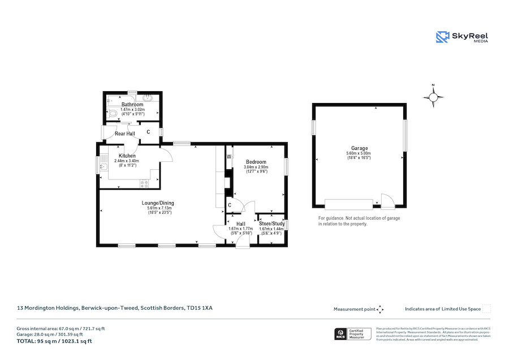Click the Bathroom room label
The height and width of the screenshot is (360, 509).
click(132, 105)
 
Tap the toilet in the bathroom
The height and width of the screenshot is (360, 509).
click(113, 113)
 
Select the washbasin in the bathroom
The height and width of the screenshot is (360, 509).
click(148, 97)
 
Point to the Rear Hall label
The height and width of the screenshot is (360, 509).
click(125, 134)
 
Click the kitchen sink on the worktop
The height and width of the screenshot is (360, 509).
click(103, 166)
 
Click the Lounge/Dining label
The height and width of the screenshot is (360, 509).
click(158, 203)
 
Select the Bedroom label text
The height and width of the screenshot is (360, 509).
click(256, 162)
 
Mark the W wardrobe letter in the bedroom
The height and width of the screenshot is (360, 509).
click(230, 157)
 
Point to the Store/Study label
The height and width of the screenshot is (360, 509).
click(272, 224)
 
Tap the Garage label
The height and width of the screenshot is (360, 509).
click(359, 148)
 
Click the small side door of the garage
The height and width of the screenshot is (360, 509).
click(388, 201)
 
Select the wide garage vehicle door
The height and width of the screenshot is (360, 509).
click(349, 204)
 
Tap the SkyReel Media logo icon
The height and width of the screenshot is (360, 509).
click(442, 37)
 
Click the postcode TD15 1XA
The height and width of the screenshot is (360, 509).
click(200, 308)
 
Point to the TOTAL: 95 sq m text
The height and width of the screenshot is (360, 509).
click(54, 341)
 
